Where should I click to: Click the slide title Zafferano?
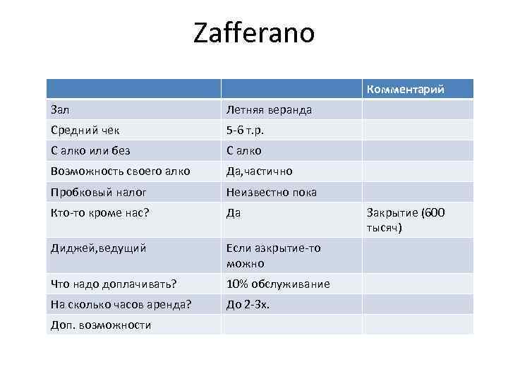[x=254, y=33]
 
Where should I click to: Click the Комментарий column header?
[x=404, y=89]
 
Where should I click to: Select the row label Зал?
[x=60, y=109]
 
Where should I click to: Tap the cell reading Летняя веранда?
[x=269, y=109]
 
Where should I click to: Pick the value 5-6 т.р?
[x=245, y=130]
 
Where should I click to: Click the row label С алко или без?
[x=90, y=150]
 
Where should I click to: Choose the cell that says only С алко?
[x=244, y=150]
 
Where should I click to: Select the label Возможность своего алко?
[x=120, y=171]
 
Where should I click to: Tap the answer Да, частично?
[x=259, y=171]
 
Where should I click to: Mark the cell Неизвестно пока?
[x=271, y=191]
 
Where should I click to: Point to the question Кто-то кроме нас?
[x=100, y=212]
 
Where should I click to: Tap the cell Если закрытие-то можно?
[x=273, y=255]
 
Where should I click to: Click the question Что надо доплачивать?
[x=114, y=284]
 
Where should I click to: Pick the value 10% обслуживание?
[x=277, y=284]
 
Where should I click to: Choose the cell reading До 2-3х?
[x=248, y=304]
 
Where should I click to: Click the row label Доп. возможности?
[x=101, y=325]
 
